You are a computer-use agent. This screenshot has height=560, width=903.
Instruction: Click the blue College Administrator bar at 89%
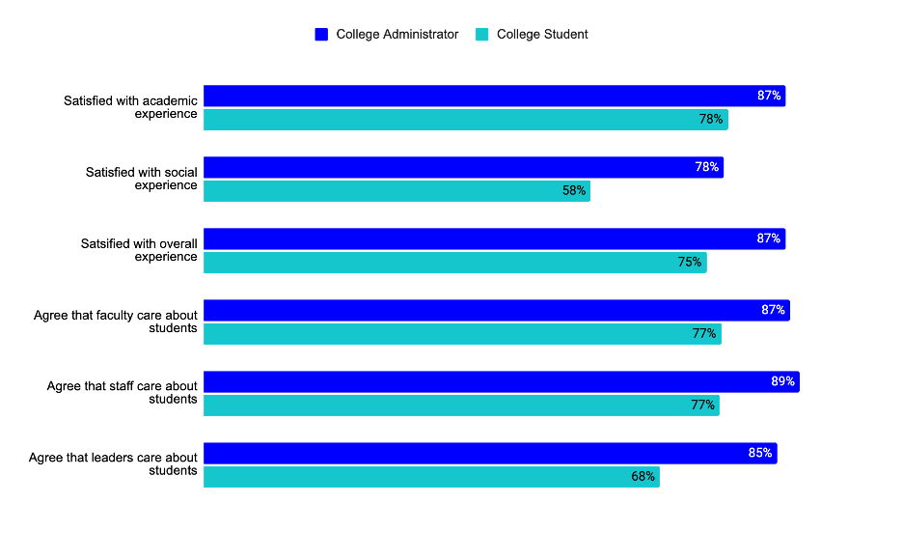click(x=501, y=381)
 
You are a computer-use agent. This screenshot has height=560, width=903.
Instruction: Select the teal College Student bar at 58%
click(x=397, y=191)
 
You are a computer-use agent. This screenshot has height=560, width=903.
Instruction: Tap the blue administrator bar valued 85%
click(x=490, y=453)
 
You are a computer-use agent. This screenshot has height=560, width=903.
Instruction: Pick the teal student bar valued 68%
click(x=431, y=477)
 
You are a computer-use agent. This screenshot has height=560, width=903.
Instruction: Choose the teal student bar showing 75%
click(x=454, y=262)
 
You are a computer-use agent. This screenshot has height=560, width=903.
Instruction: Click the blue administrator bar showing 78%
click(x=463, y=167)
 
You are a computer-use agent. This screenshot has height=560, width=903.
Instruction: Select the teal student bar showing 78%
click(x=465, y=120)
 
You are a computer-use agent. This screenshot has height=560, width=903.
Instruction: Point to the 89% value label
click(x=782, y=381)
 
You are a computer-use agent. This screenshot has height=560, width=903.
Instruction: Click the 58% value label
click(x=574, y=191)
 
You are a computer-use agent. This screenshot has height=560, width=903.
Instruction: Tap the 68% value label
click(x=643, y=477)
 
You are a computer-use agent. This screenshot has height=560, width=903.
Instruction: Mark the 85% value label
click(x=760, y=453)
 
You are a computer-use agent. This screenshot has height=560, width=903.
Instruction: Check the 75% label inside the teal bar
click(x=690, y=262)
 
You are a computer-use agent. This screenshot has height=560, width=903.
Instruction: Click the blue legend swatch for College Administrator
click(x=321, y=35)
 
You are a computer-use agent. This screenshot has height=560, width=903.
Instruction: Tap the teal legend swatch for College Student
click(x=482, y=35)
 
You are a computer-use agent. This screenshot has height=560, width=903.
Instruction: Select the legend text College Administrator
click(x=397, y=35)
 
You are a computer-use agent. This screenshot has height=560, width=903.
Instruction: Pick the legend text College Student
click(x=542, y=35)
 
